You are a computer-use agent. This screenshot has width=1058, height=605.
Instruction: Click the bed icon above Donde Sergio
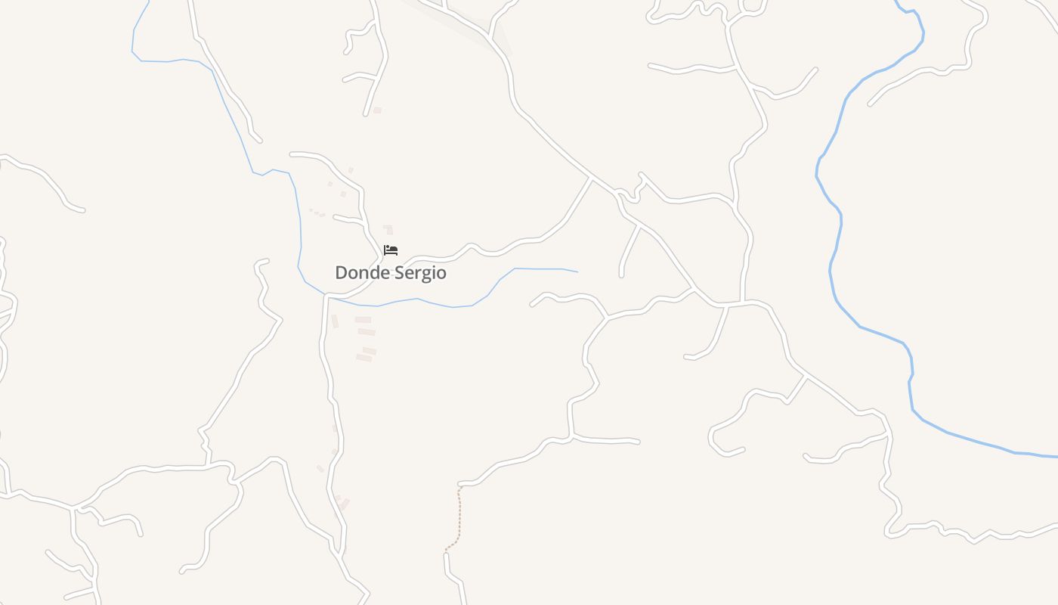[391, 250]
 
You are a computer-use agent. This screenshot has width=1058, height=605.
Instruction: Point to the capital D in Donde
[341, 273]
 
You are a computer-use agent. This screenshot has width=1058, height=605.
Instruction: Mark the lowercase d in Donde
[372, 272]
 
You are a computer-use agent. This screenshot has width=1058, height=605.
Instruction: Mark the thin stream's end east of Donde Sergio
[577, 271]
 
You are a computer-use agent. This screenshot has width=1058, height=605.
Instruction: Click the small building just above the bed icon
[388, 229]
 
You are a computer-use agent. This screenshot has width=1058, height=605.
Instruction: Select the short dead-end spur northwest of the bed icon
[348, 219]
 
